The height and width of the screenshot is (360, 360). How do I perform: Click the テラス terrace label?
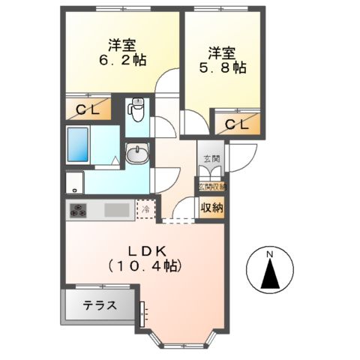[x=99, y=306]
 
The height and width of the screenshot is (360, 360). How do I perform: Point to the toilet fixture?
[x=136, y=111]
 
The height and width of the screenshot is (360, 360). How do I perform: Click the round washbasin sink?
[x=137, y=155]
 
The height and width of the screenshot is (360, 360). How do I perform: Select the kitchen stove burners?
[x=80, y=210]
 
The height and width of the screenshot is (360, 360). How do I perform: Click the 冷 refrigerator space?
[x=146, y=209]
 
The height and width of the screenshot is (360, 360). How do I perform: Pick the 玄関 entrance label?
[x=209, y=159]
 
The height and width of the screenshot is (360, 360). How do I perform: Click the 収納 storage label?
[x=209, y=208]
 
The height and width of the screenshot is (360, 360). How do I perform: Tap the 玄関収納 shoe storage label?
[x=211, y=186]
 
